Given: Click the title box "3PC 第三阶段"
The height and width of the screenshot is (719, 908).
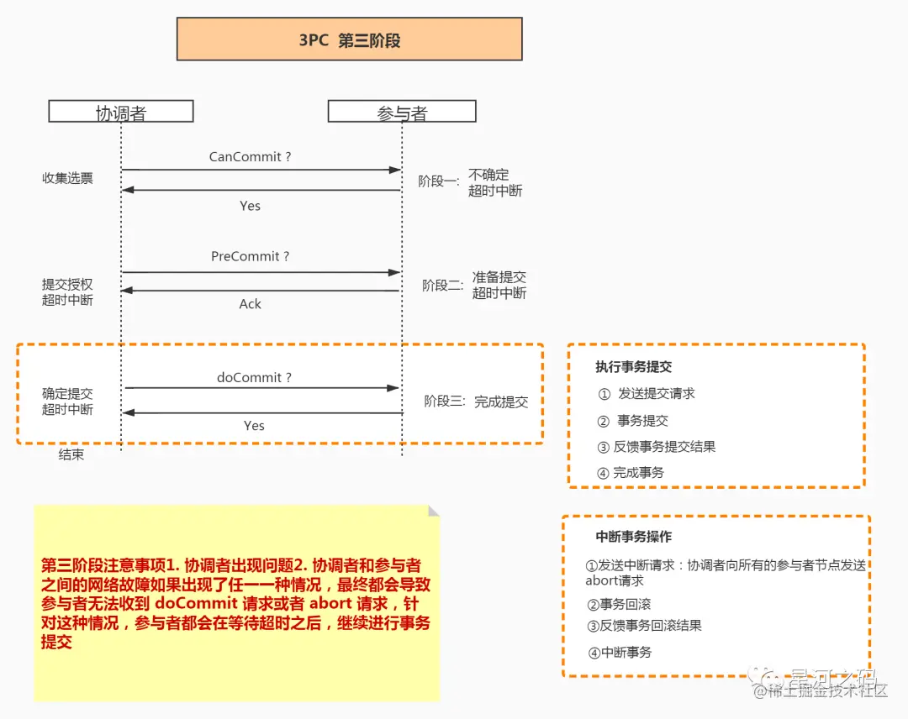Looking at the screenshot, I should point(349,39).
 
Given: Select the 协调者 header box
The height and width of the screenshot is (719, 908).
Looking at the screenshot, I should point(121,112).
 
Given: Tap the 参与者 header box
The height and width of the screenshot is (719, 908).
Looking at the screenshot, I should point(402,112).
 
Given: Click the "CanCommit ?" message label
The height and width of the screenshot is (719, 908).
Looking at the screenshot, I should point(251,157).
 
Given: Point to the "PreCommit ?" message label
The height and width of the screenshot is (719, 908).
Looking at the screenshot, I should point(250,256).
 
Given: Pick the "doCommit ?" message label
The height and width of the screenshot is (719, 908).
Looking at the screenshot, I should point(254,378).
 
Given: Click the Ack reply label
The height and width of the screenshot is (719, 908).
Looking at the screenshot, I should point(251,304).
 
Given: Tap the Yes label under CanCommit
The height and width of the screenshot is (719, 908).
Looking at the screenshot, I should point(251,206).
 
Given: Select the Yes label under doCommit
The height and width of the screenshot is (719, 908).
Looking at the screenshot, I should point(254,426).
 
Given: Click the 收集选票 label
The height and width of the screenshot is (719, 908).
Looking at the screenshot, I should point(68,178).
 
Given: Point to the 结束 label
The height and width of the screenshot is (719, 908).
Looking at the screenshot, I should point(71,455).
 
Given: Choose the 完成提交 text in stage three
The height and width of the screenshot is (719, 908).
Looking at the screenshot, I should point(501,401).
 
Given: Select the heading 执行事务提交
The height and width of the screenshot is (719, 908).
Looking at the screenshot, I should point(634,367).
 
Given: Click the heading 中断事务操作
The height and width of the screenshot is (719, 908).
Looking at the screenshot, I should point(634,537).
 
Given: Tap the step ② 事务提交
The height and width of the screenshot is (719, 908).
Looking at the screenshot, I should point(633,421).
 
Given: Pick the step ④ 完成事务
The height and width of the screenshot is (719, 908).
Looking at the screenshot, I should point(631,473).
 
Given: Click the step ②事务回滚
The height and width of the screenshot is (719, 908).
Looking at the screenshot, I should point(619,604).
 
